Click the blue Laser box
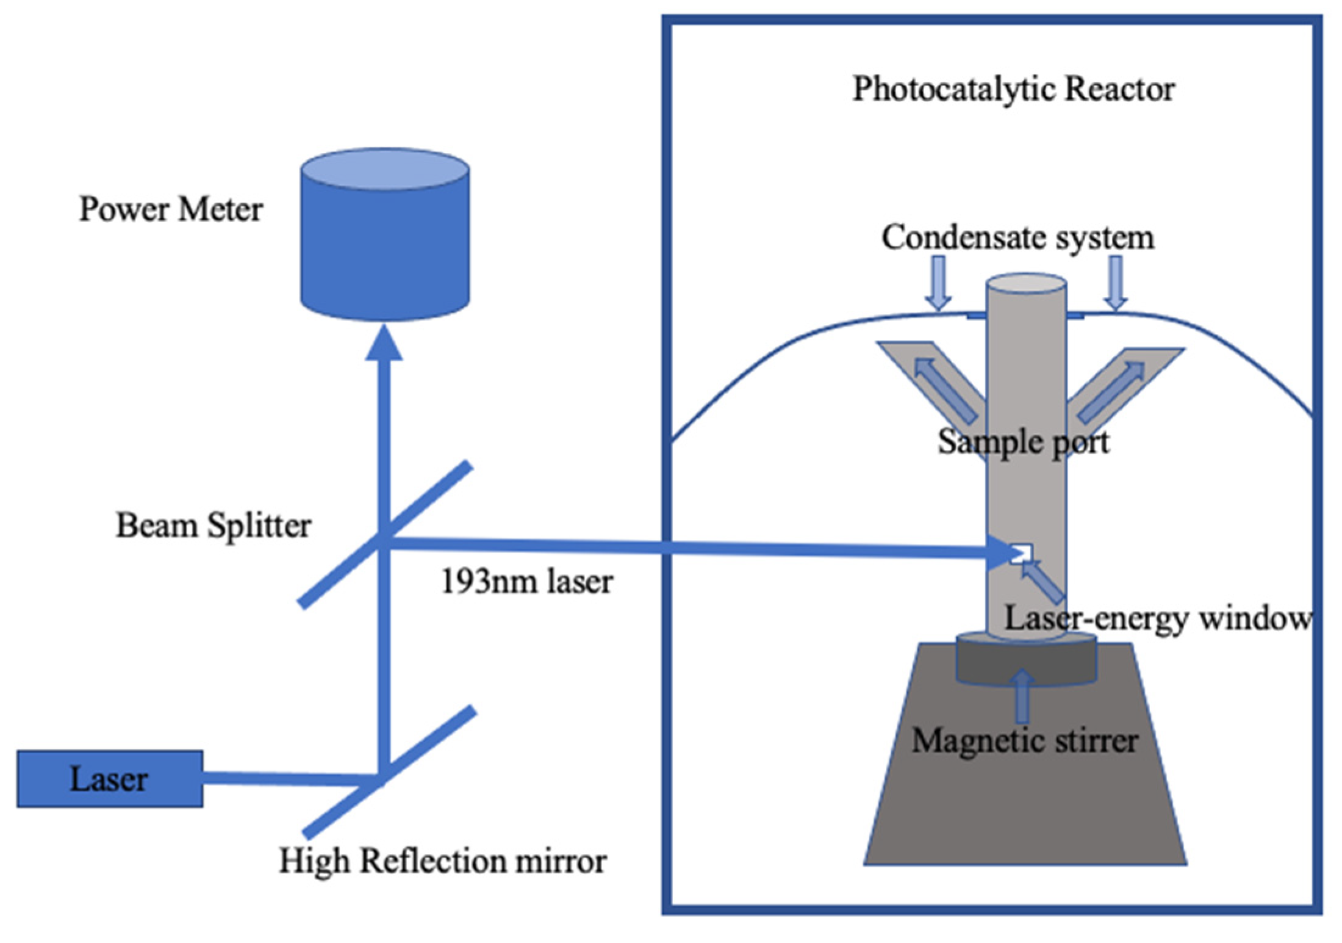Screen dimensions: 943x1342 [x=110, y=779]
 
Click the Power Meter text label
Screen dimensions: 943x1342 [x=171, y=209]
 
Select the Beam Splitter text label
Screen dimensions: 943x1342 [x=213, y=526]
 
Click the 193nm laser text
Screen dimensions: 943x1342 [x=526, y=582]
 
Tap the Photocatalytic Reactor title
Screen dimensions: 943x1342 [x=1013, y=89]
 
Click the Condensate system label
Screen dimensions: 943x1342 [x=1017, y=237]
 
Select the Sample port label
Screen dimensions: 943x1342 [x=1023, y=442]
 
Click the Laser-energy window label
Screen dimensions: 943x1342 [x=1157, y=618]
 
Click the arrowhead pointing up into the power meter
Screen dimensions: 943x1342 [x=384, y=343]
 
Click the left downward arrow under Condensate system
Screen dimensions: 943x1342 [x=938, y=283]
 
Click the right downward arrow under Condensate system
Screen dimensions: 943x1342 [x=1116, y=283]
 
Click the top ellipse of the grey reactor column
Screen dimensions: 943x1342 [x=1026, y=285]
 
